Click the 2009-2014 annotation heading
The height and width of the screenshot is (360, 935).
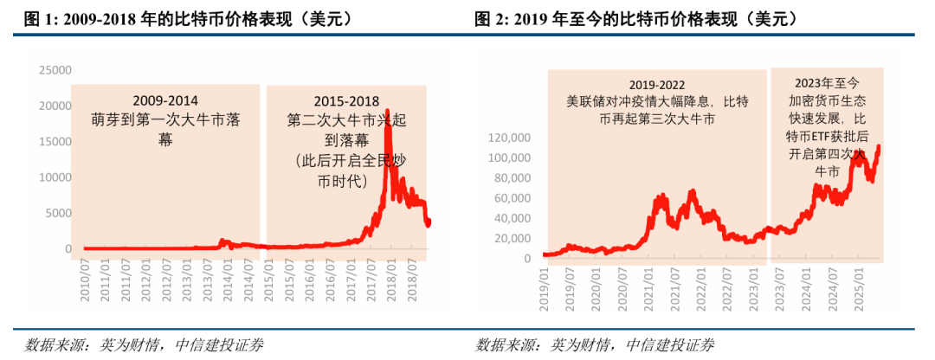164,100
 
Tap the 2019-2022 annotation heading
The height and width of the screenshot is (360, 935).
656,85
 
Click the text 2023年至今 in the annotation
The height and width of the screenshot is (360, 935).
827,82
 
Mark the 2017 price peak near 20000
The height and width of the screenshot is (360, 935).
387,111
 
